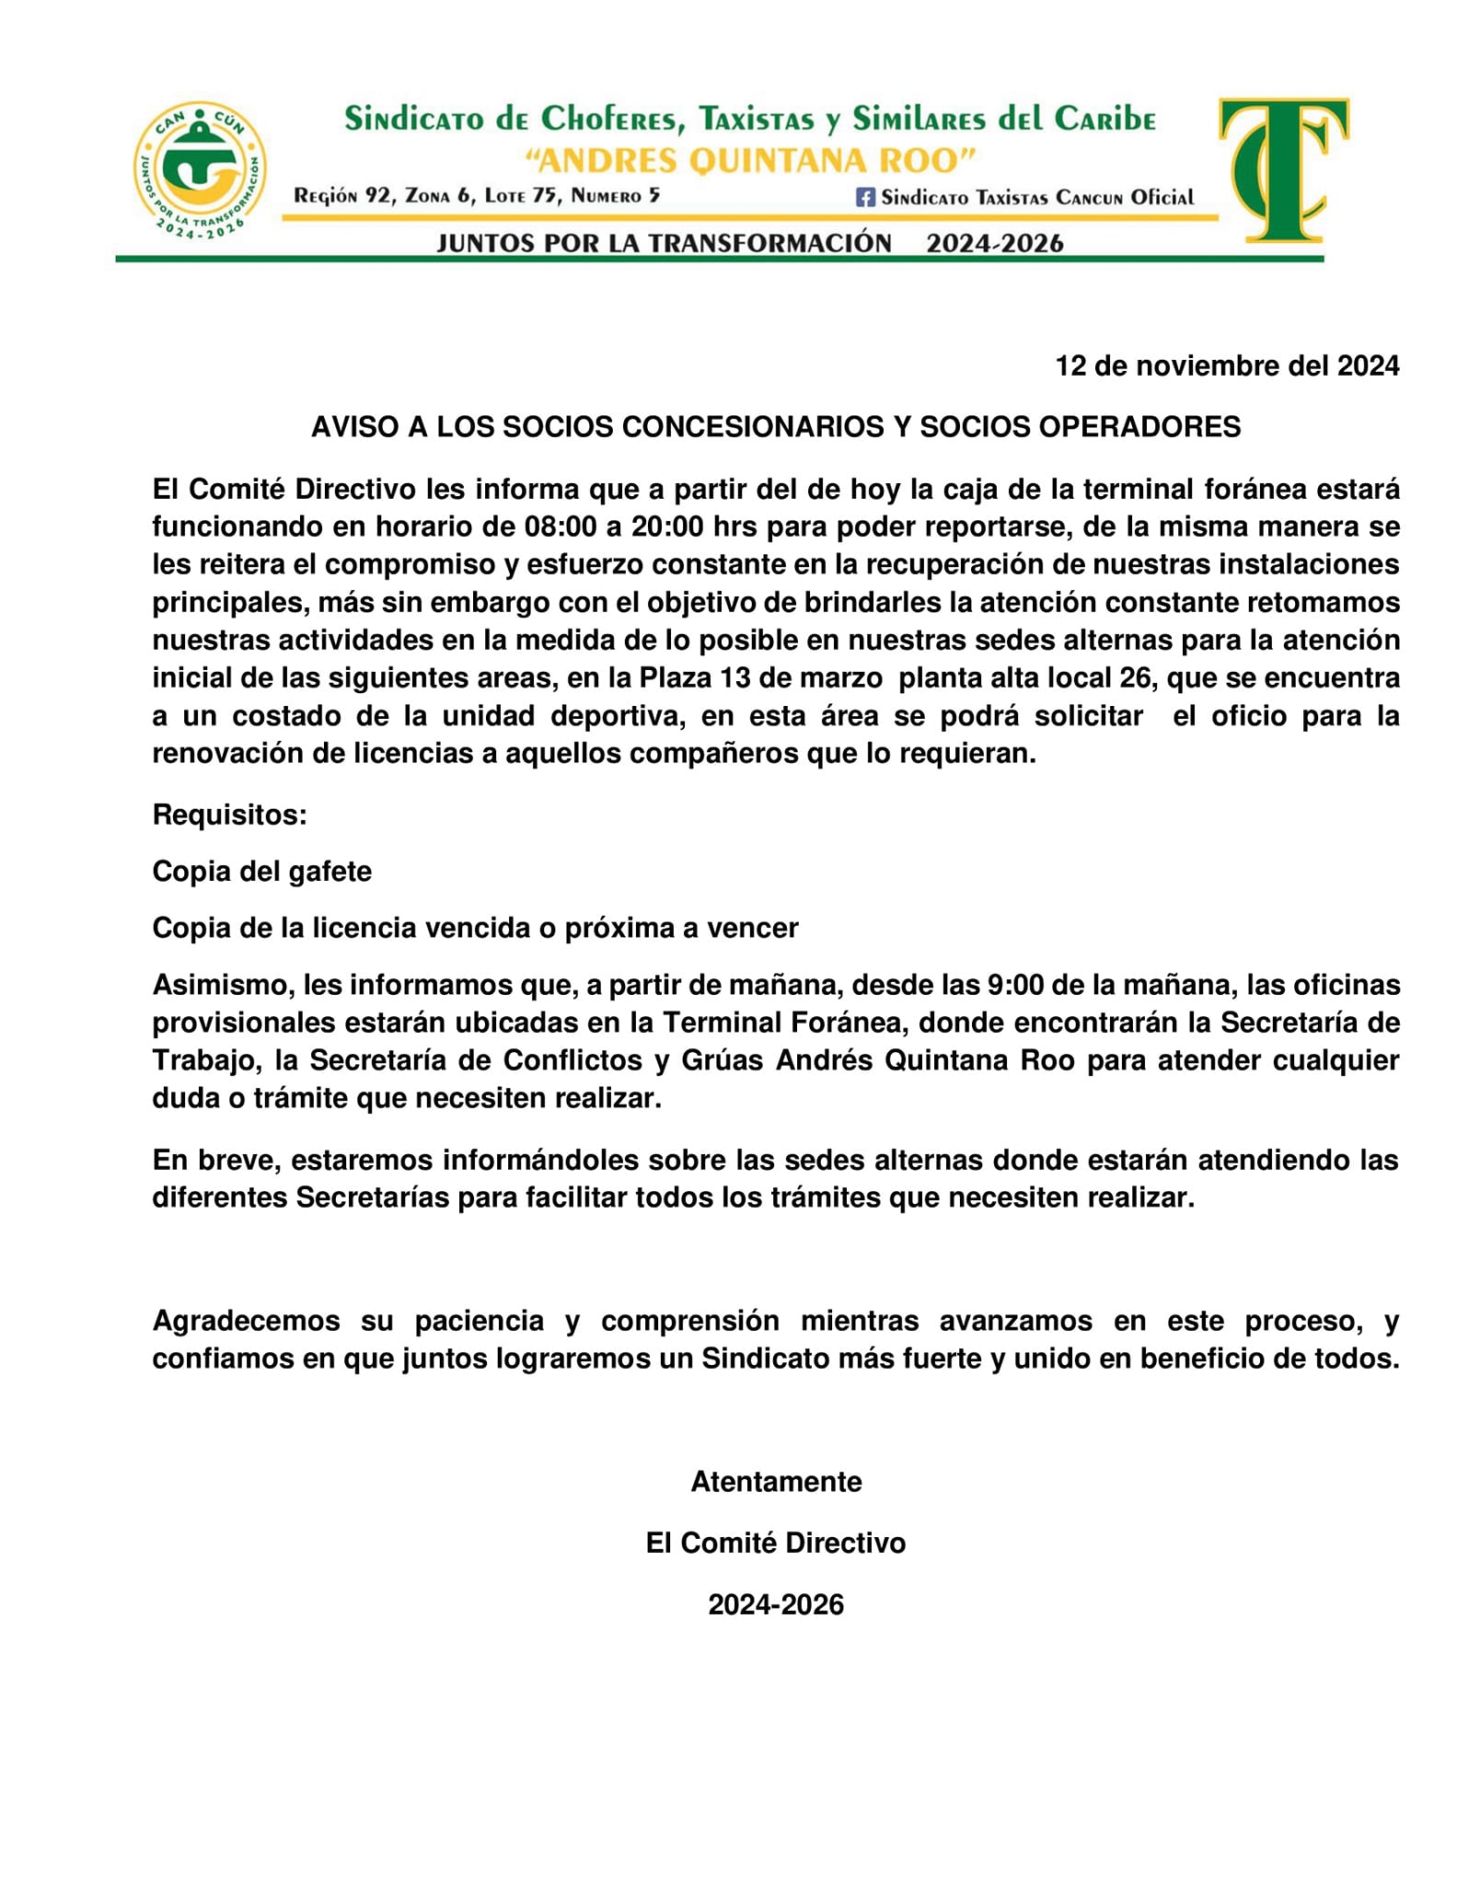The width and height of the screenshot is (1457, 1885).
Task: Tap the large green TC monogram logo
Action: coord(1283,169)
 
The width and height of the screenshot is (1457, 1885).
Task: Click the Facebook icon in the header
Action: coord(865,197)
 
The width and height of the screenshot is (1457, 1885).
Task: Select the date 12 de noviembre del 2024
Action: coord(1226,366)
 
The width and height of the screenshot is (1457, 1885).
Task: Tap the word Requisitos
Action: coord(229,815)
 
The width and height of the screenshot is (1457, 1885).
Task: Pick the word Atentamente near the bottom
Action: coord(776,1482)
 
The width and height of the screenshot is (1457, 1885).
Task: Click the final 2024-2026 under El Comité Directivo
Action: coord(775,1605)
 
